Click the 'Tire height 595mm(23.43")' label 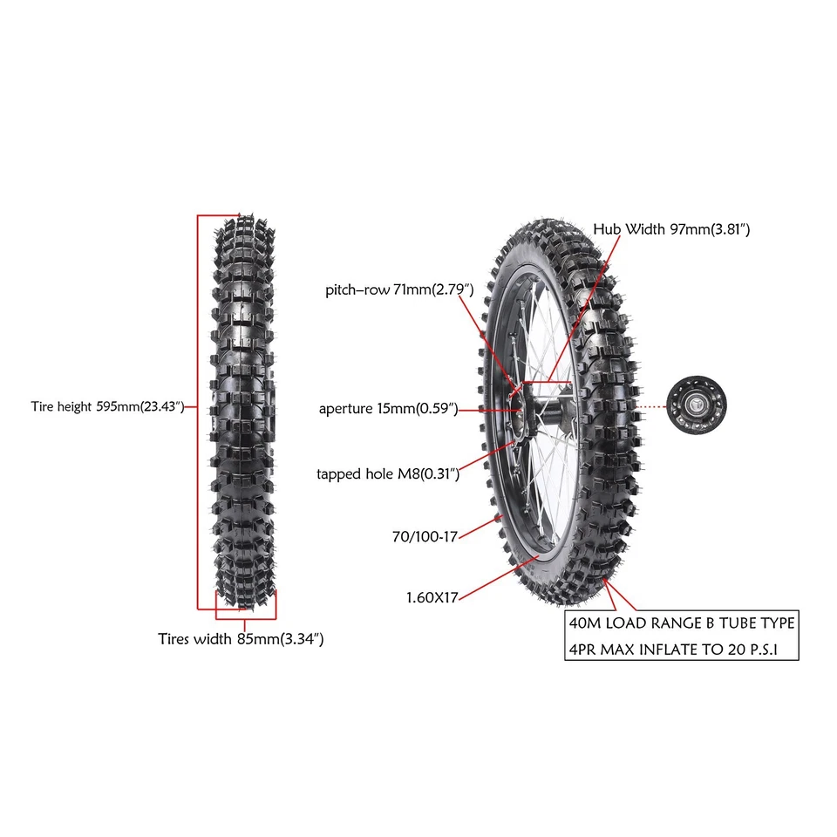[107, 406]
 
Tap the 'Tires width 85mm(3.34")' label [242, 639]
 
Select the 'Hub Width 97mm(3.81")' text [671, 229]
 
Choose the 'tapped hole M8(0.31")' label [388, 473]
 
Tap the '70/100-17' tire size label [425, 537]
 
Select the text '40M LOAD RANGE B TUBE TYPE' [681, 623]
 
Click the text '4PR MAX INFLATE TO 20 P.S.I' [681, 650]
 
